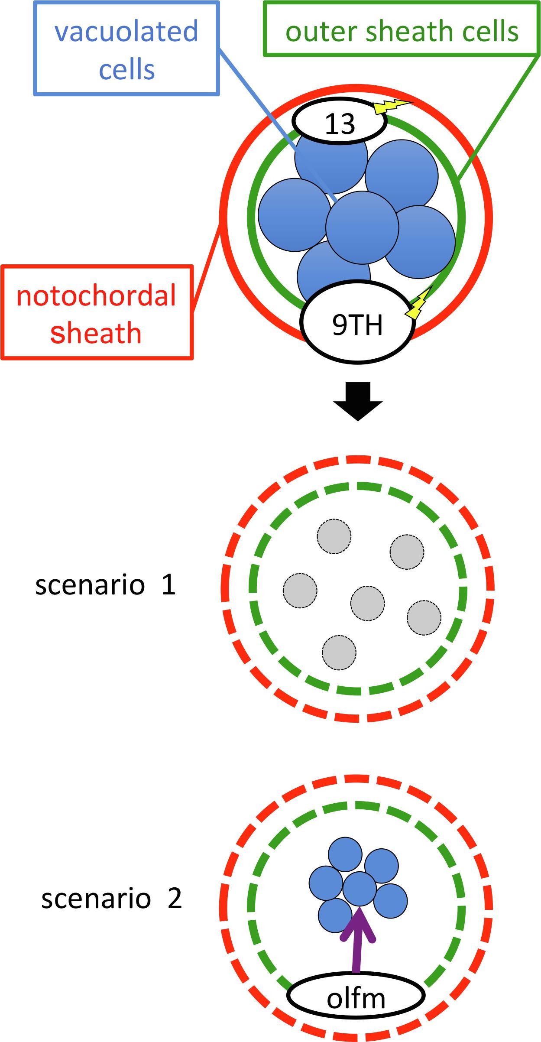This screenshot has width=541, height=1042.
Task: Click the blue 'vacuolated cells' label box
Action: [126, 49]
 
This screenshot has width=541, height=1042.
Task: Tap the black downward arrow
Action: [358, 401]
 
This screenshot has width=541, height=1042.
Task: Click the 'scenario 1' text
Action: [105, 585]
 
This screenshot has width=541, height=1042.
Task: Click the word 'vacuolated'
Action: [126, 31]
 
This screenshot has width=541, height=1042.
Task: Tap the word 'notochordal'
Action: [96, 296]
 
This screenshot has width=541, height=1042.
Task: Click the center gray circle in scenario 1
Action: [367, 603]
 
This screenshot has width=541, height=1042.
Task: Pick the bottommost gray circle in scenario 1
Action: [339, 652]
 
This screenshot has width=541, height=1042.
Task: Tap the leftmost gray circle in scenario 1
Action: [300, 590]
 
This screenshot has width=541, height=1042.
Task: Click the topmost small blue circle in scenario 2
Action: [345, 854]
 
